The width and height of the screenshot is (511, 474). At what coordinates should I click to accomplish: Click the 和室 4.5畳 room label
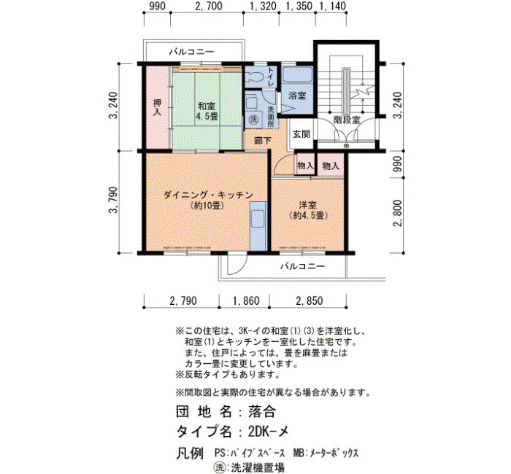[x=207, y=111]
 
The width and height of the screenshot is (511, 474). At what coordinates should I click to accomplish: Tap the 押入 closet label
[x=158, y=107]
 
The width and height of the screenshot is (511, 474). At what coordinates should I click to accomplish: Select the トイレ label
[x=271, y=77]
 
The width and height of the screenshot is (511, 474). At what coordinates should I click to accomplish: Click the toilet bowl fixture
[x=255, y=77]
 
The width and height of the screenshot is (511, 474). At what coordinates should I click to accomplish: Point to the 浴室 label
[x=297, y=96]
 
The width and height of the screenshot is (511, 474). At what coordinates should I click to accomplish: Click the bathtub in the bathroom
[x=297, y=74]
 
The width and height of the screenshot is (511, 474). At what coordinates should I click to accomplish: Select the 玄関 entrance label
[x=301, y=133]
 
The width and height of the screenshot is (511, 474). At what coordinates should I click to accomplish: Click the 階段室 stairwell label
[x=347, y=120]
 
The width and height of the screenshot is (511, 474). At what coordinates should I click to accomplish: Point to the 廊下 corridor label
[x=263, y=141]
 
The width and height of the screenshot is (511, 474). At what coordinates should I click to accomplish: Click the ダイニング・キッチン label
[x=208, y=195]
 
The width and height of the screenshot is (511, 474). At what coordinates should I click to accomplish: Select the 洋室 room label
[x=308, y=205]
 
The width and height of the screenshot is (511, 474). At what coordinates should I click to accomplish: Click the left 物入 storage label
[x=305, y=166]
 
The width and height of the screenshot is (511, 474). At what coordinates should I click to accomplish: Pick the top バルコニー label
[x=191, y=52]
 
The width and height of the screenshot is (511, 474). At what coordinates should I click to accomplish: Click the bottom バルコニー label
[x=303, y=266]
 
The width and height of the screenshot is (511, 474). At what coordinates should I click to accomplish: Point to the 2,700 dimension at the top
[x=208, y=6]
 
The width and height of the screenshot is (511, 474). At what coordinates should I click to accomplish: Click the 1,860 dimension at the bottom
[x=245, y=300]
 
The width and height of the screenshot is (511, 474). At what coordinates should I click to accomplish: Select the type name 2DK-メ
[x=268, y=432]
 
